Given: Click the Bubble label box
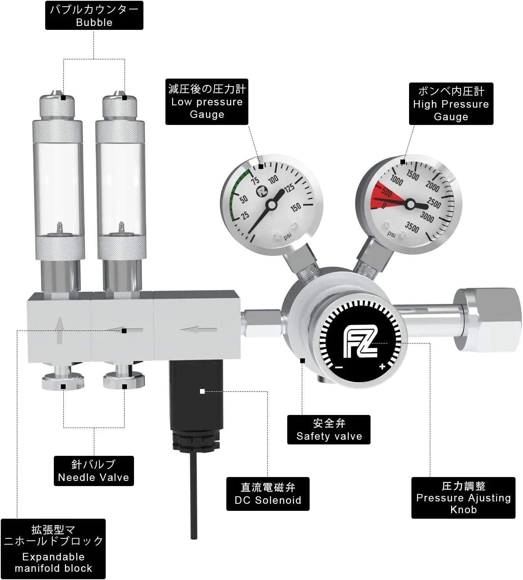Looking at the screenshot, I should (x=94, y=15).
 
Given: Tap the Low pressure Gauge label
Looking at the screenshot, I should (x=207, y=102).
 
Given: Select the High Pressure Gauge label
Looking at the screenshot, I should (x=451, y=104).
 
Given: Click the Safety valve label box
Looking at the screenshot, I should (x=328, y=430).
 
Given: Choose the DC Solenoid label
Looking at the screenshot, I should (x=268, y=494).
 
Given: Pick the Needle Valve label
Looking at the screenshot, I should (x=94, y=471).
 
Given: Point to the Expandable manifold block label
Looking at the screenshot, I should (x=53, y=549).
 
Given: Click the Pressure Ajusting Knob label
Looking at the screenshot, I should (x=463, y=498).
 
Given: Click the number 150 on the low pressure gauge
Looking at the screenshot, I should (x=295, y=207).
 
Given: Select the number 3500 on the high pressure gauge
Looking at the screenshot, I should (x=412, y=227).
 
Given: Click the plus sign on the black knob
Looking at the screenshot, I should (x=382, y=367).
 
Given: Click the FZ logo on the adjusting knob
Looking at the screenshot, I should (x=360, y=341).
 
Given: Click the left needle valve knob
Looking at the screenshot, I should (x=63, y=382).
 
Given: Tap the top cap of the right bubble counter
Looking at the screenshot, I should (x=121, y=105).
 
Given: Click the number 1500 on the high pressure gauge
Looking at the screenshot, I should (x=412, y=174).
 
